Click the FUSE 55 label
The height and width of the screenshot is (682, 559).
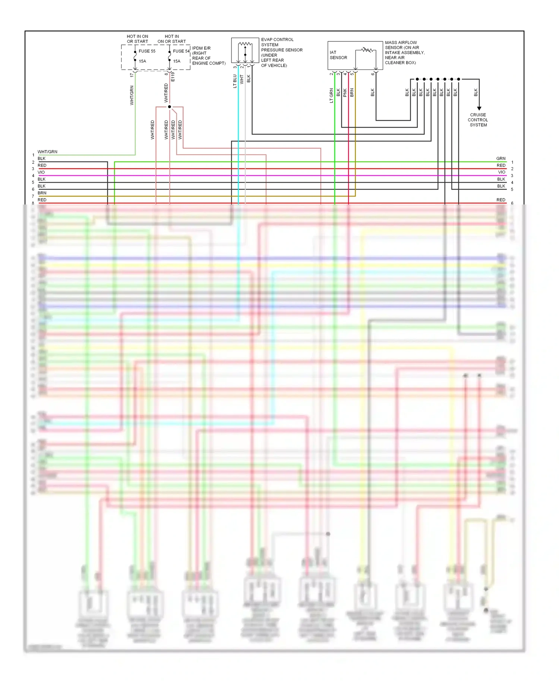[147, 51]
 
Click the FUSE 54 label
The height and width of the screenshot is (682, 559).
[181, 51]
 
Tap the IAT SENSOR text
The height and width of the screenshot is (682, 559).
[338, 55]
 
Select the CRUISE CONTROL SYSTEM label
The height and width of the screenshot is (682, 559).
[478, 120]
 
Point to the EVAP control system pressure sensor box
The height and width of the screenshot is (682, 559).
[245, 50]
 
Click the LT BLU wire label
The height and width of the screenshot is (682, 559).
[235, 81]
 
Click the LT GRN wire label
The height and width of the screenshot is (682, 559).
[331, 95]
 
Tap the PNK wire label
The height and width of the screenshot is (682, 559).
[345, 93]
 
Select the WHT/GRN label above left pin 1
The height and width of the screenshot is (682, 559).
[47, 152]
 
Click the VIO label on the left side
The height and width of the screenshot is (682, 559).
[41, 172]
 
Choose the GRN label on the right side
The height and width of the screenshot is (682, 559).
[500, 159]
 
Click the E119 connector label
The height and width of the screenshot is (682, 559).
[173, 77]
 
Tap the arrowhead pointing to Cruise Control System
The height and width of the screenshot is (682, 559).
[479, 108]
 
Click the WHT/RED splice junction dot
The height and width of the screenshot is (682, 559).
[170, 107]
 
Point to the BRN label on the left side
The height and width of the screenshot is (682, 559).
[42, 193]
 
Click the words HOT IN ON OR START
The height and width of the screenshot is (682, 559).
[137, 39]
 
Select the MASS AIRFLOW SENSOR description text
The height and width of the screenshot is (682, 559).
[404, 53]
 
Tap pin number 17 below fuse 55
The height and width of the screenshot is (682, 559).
[132, 75]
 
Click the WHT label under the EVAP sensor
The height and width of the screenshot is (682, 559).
[241, 79]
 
